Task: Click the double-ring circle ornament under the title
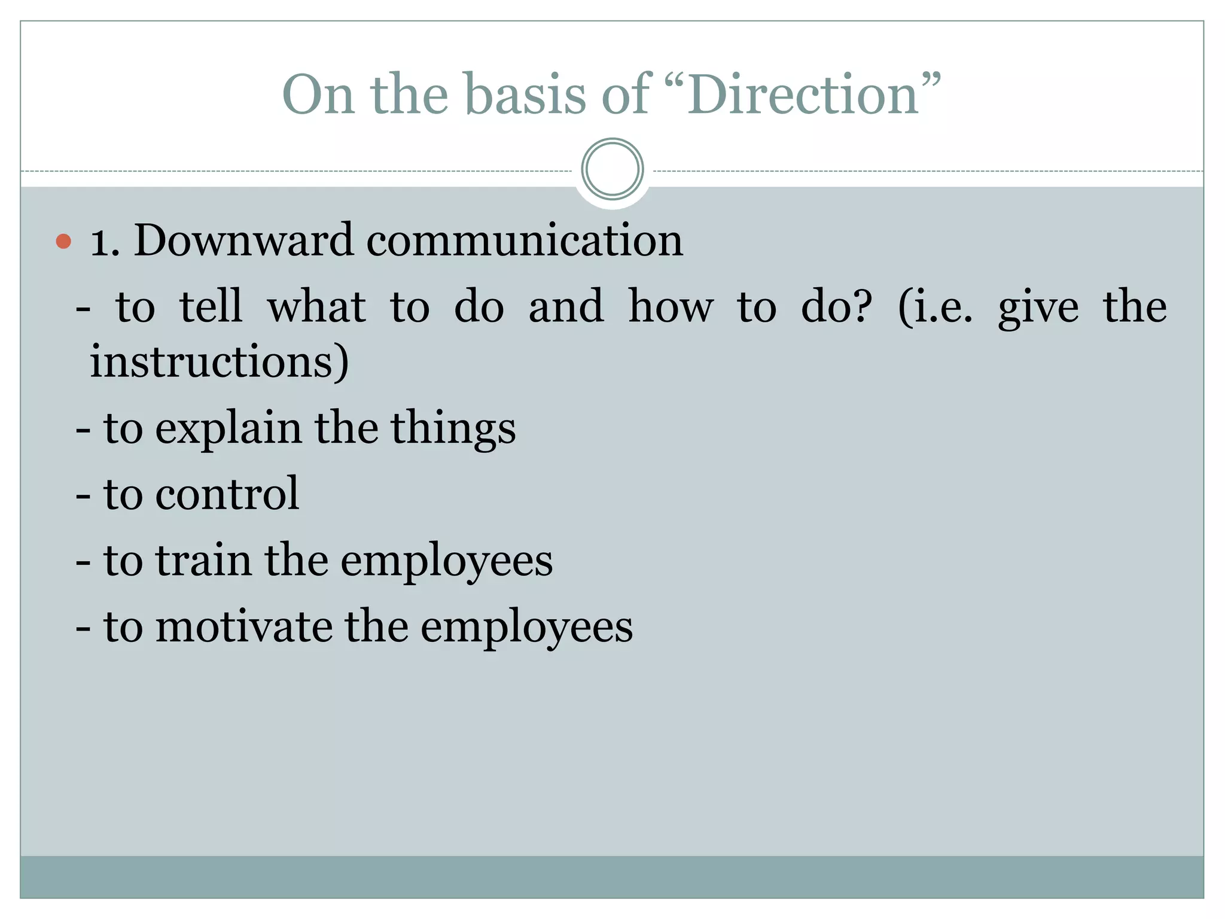point(612,169)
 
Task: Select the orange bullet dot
point(63,242)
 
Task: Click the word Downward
point(243,241)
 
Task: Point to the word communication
point(525,241)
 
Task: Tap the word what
point(316,307)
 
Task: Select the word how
point(671,307)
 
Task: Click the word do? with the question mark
point(836,307)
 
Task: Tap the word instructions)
point(219,362)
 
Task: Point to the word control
point(227,494)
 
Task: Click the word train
point(203,561)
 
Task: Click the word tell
point(211,306)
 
